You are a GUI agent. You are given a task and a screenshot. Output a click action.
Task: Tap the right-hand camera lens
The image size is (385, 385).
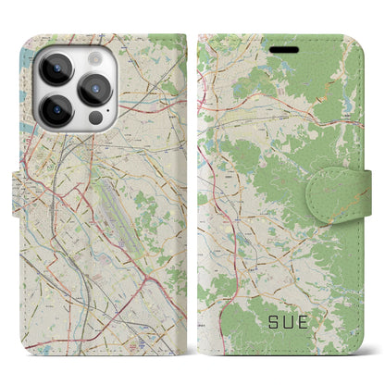[x=96, y=90]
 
